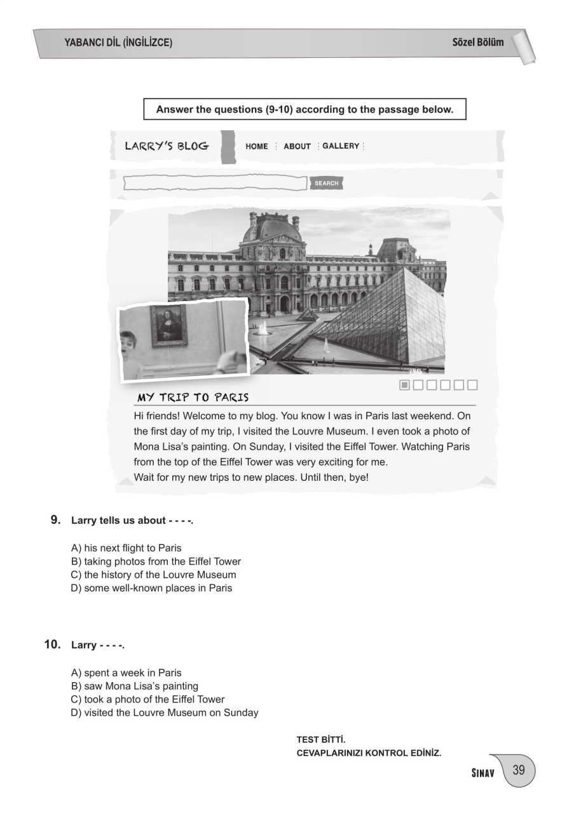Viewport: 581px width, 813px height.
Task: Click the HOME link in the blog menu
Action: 257,146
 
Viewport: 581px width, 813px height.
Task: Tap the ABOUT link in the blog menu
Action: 297,146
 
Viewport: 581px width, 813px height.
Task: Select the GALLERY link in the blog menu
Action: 341,146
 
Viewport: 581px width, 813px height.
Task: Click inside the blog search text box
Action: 215,184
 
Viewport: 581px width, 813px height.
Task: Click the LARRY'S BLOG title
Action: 167,146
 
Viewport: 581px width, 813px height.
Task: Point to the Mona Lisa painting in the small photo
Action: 168,325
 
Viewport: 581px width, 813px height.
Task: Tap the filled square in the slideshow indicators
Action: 404,385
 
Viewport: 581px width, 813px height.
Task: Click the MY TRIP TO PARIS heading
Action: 193,398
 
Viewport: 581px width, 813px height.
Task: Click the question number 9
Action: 55,520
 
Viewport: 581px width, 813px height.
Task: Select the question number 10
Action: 52,645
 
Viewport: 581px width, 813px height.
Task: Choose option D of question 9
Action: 151,588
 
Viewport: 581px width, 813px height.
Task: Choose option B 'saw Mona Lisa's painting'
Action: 134,686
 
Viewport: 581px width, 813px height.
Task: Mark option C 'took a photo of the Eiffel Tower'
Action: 147,699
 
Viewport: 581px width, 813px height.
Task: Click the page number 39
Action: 519,770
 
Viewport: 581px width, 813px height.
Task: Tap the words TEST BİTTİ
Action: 321,740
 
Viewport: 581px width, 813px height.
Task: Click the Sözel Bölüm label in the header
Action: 477,43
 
